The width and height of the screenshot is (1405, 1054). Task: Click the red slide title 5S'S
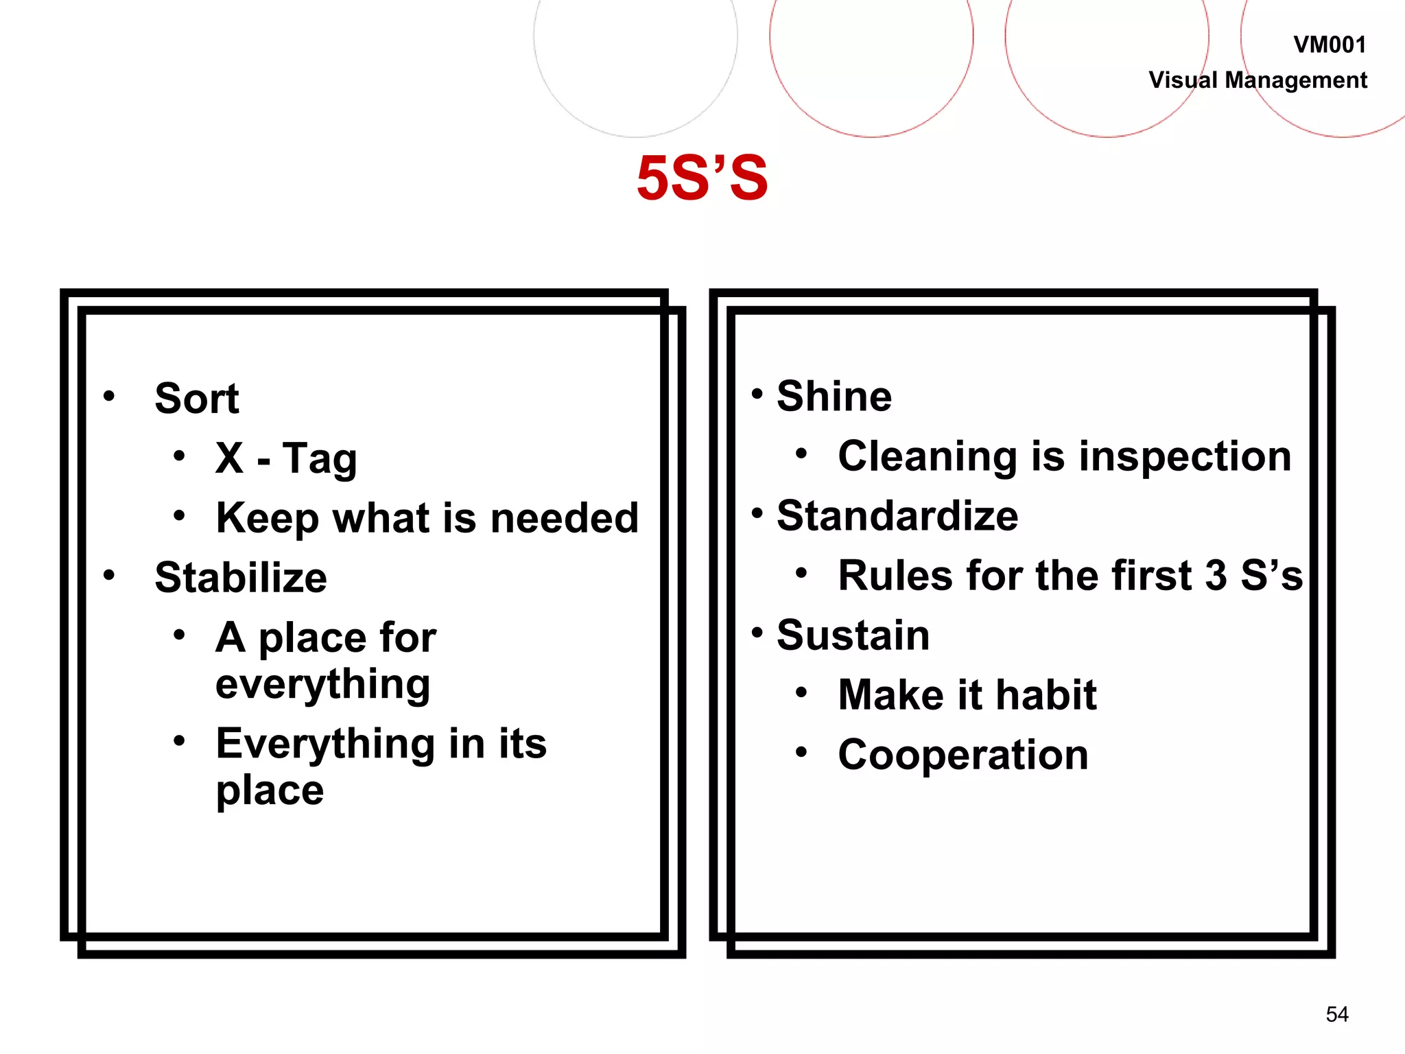point(702,178)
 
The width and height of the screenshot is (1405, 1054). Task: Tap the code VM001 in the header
point(1329,45)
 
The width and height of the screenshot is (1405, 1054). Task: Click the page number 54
point(1337,1014)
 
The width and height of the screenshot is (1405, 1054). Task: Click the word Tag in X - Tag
point(320,458)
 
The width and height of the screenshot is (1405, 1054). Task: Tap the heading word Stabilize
point(241,577)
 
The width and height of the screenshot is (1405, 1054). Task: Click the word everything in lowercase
point(322,684)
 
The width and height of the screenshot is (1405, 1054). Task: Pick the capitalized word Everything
point(325,744)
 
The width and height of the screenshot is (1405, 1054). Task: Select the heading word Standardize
point(897,516)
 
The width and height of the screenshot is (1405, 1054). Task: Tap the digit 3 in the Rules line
point(1216,575)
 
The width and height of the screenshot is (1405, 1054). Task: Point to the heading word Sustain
point(853,635)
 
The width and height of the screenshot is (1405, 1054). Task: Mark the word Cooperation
point(963,755)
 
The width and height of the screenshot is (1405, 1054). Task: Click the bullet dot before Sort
point(109,395)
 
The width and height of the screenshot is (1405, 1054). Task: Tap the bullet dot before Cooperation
point(801,752)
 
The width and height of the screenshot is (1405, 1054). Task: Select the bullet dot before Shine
point(757,394)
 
